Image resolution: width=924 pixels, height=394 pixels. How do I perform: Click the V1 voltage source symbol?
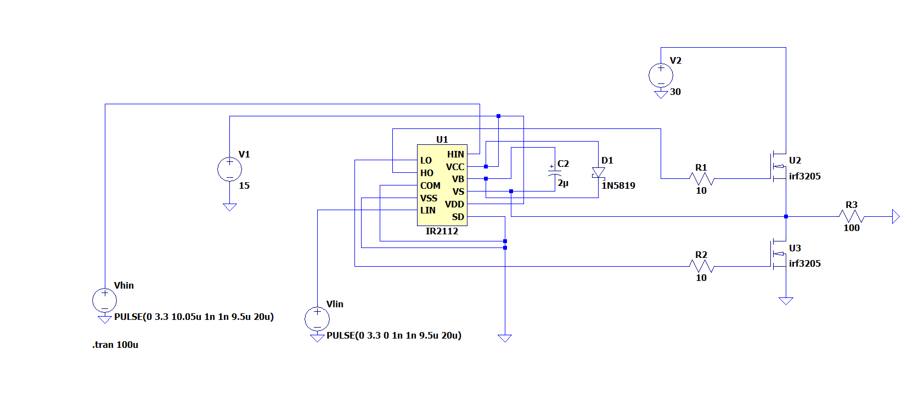tap(230, 169)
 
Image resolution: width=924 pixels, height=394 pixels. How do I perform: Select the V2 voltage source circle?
tap(661, 76)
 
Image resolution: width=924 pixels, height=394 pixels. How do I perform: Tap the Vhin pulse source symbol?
tap(105, 300)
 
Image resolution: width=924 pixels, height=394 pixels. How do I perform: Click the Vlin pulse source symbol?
tap(317, 319)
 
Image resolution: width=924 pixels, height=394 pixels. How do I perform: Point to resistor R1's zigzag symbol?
tap(702, 179)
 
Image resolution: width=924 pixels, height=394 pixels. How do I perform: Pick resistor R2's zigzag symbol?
tap(702, 267)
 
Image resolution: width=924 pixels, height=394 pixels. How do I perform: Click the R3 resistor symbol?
tap(852, 216)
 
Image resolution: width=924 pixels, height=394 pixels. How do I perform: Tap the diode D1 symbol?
tap(599, 173)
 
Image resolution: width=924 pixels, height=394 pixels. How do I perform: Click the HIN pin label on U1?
tap(455, 154)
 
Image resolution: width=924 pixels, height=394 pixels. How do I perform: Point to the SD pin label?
tap(458, 217)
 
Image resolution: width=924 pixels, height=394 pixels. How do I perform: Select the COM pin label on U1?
tap(430, 185)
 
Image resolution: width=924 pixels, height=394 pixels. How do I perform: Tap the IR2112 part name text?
tap(442, 231)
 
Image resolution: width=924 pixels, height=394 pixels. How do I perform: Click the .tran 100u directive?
tap(115, 345)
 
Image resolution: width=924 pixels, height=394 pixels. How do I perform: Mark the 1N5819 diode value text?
tap(618, 185)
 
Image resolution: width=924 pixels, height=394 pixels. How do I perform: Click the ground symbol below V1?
tap(230, 207)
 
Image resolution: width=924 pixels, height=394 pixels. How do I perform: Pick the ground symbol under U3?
tap(786, 301)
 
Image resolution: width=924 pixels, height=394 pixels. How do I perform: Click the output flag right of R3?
tap(896, 216)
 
